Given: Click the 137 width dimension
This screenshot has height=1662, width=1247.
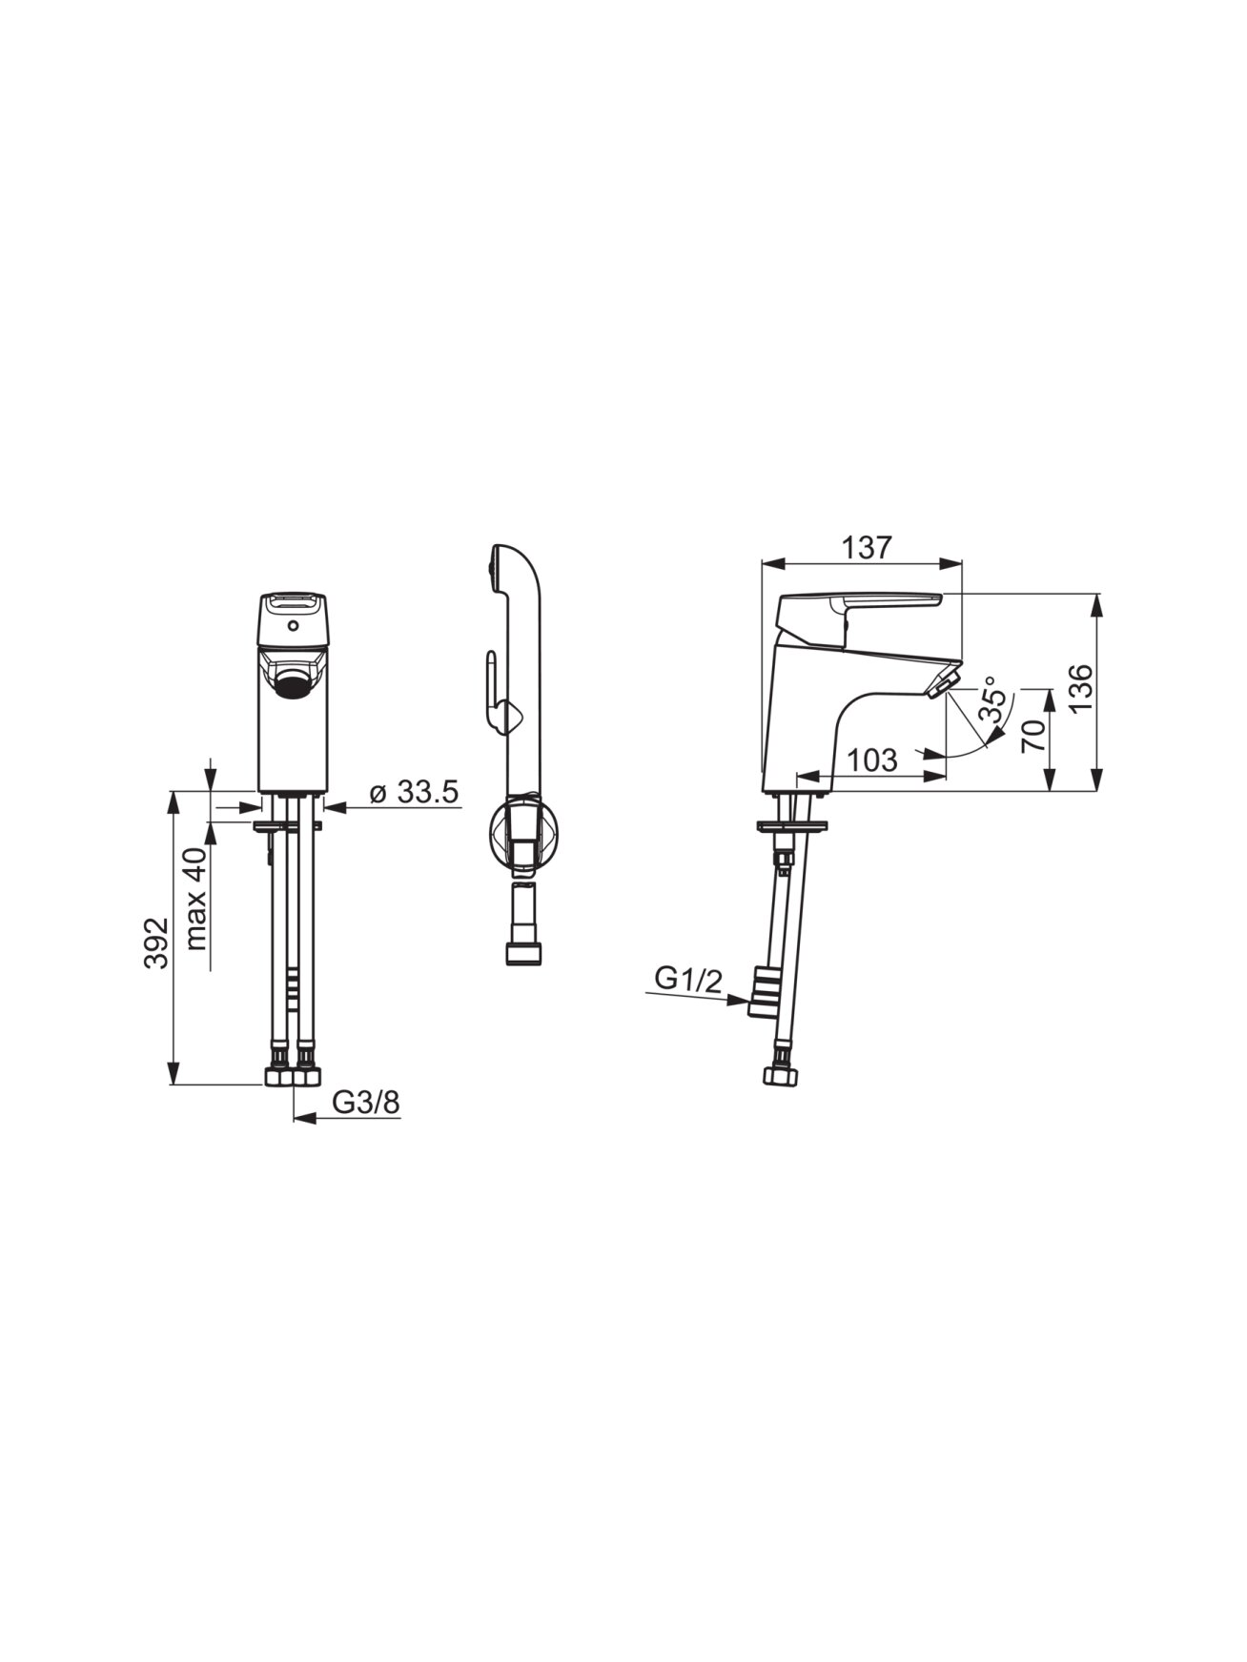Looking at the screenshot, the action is tap(867, 548).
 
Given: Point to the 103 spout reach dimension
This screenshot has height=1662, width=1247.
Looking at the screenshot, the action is tap(872, 760).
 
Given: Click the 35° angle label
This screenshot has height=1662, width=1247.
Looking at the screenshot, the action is tap(992, 701).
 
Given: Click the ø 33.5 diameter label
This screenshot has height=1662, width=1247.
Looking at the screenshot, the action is tap(414, 792).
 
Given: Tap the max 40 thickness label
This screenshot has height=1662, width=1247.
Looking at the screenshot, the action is tap(196, 899).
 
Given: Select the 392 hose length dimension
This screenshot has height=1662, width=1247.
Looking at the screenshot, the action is tap(155, 942).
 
